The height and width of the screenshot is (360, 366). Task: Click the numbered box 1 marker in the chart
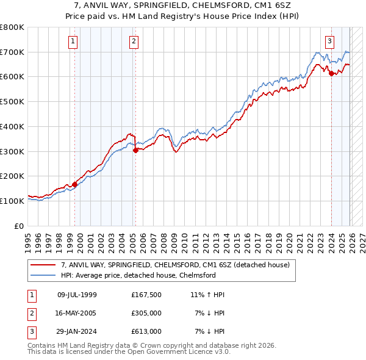(x=73, y=41)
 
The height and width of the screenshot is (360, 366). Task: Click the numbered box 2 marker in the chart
(x=134, y=41)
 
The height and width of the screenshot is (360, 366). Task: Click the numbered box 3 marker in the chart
(x=329, y=41)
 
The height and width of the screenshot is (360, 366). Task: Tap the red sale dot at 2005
(x=135, y=150)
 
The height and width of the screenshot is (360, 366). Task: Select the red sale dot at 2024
(x=331, y=73)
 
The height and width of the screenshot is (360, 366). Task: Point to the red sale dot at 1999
(x=74, y=184)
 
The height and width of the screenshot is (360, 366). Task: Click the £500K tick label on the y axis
(x=12, y=101)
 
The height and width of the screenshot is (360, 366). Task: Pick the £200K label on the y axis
(x=12, y=176)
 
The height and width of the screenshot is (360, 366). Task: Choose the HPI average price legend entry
(x=138, y=275)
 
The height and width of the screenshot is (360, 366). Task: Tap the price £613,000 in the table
(x=146, y=331)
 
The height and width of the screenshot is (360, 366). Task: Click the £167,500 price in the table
(x=146, y=295)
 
